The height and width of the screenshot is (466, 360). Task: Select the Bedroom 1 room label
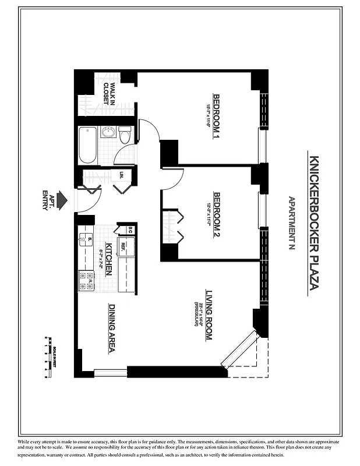(217, 116)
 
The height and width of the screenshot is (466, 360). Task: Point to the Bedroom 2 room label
(217, 216)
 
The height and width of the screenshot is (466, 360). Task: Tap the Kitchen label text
(108, 259)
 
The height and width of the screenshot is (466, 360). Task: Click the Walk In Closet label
(110, 93)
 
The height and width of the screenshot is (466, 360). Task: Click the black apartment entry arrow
(63, 201)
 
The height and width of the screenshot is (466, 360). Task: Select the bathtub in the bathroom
(87, 145)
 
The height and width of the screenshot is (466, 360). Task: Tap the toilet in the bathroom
(125, 136)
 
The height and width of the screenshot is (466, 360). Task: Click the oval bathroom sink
(108, 132)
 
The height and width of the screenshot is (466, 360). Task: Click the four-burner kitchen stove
(86, 280)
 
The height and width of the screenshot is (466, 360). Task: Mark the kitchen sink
(86, 239)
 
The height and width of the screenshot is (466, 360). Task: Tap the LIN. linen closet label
(122, 175)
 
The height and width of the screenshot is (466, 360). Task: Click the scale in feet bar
(47, 356)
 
